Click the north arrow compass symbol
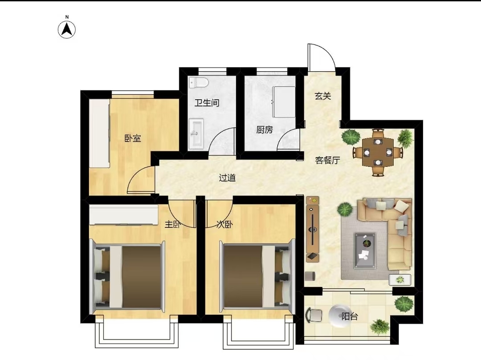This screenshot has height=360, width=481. (x=67, y=29)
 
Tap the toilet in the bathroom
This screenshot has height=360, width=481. (x=199, y=82)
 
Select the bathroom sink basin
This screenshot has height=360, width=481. (x=196, y=134)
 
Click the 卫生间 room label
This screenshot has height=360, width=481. (x=207, y=103)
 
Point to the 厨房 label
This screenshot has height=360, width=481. (x=265, y=129)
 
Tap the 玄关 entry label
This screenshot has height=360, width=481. (x=323, y=96)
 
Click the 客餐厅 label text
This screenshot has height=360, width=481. (x=328, y=160)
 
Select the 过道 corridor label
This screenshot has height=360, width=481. (x=227, y=178)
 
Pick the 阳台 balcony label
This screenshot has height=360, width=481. (x=350, y=316)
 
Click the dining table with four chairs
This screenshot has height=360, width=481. (x=378, y=152)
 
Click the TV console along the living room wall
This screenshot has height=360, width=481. (x=313, y=229)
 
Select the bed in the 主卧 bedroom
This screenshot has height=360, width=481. (x=128, y=277)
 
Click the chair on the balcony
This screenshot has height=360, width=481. (x=314, y=315)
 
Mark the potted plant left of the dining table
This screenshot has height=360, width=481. (x=351, y=137)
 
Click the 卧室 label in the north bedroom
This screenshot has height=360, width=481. (x=133, y=138)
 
